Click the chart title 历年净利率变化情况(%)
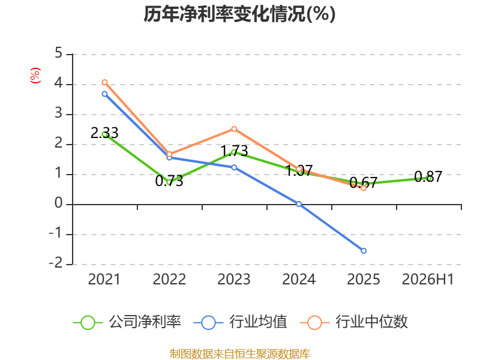coord(239,14)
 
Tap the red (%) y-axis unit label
coord(35,76)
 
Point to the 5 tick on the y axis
coord(58,53)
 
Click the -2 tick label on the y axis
coord(56,263)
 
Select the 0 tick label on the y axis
coord(58,203)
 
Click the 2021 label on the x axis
coord(104,280)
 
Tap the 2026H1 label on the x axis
coord(428,280)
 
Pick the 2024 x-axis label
coord(299,280)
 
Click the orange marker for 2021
coord(104,82)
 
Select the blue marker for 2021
coord(104,94)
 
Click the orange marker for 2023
coord(234,129)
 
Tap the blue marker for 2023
coord(234,167)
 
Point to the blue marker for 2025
coord(364,251)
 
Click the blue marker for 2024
coord(299,204)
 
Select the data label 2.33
coord(104,133)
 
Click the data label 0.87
coord(428,176)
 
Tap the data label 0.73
coord(169,181)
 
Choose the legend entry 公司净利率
coord(127,322)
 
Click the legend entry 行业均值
coord(241,322)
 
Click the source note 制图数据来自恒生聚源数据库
coord(240,354)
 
